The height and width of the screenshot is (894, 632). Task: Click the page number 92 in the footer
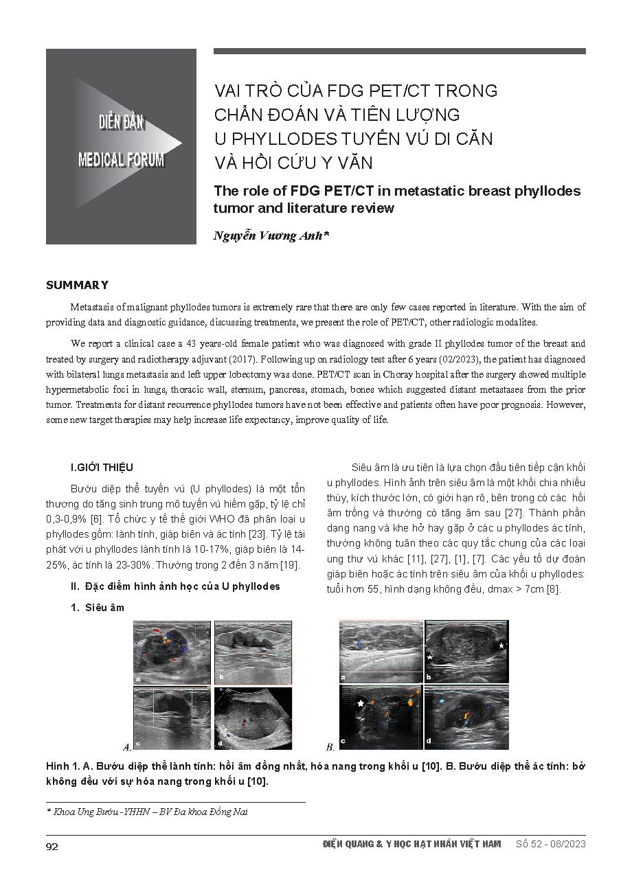tap(52, 846)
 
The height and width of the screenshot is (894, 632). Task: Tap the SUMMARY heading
tap(77, 285)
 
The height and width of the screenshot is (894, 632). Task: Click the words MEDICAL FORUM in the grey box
tap(121, 160)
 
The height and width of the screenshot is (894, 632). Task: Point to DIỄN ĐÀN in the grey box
tap(121, 123)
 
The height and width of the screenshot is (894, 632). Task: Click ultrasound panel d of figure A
tap(253, 718)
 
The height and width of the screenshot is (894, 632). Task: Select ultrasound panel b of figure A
tap(253, 652)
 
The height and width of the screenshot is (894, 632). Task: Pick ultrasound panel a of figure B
tap(381, 652)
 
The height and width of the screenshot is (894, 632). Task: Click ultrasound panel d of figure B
tap(466, 718)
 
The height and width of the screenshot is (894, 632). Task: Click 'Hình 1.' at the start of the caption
tap(63, 766)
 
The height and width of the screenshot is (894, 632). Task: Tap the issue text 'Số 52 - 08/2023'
tap(550, 845)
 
